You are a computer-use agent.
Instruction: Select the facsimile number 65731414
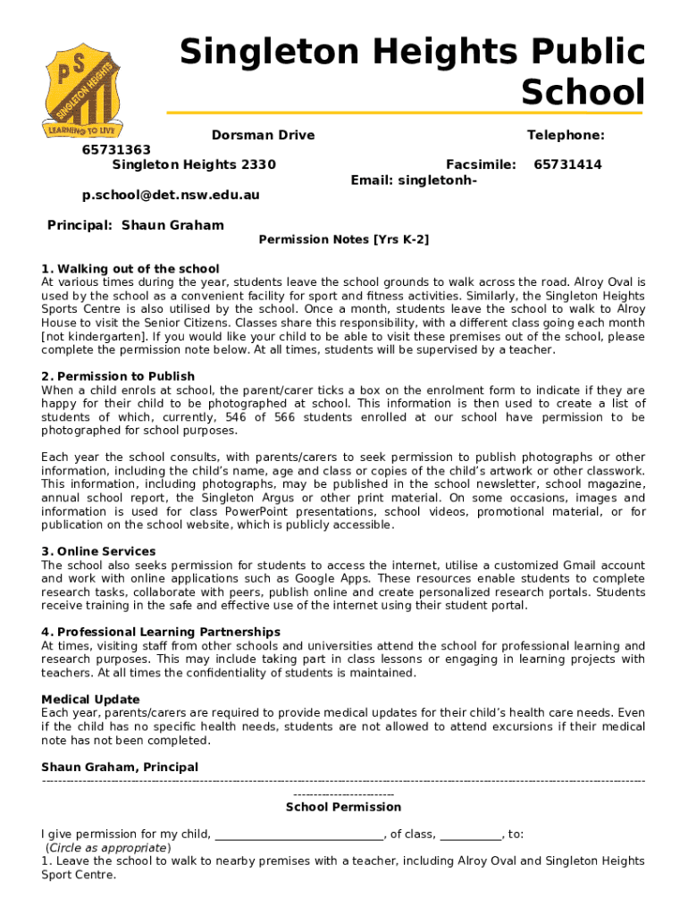coord(567,164)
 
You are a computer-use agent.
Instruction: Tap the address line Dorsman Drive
coord(263,135)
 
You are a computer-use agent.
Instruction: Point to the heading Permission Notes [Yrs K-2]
coord(344,239)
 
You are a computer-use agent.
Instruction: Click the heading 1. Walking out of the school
coord(130,269)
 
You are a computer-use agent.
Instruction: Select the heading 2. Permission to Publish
coord(118,376)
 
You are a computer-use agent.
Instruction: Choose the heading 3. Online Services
coord(98,551)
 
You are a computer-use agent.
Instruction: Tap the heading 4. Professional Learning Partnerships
coord(161,632)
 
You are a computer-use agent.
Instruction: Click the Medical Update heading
coord(90,699)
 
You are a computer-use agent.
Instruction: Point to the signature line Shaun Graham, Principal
coord(120,767)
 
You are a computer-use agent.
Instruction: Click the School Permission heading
coord(343,807)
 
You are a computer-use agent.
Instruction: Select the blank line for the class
coord(471,835)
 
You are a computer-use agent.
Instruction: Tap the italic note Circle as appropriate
coord(107,847)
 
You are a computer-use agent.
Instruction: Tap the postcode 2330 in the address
coord(258,164)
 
